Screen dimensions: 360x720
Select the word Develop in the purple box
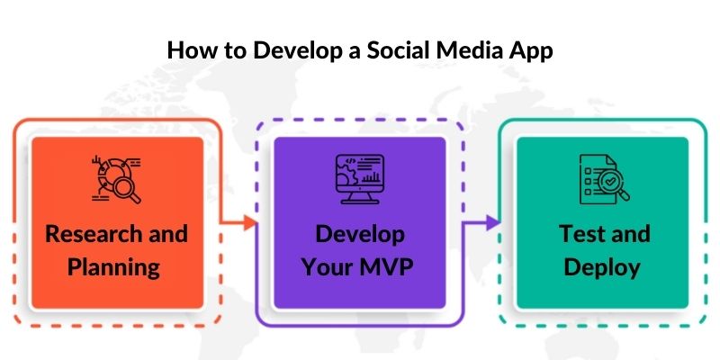pyautogui.click(x=360, y=234)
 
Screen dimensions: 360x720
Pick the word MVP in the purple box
pyautogui.click(x=389, y=266)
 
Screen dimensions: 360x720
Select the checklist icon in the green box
pyautogui.click(x=601, y=177)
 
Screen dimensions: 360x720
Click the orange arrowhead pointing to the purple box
pyautogui.click(x=252, y=221)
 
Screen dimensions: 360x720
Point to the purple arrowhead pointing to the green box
pyautogui.click(x=494, y=221)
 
